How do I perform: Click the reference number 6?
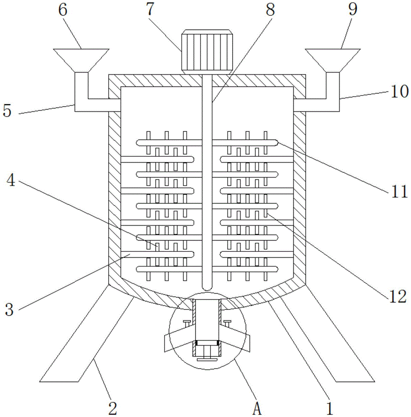[63, 10]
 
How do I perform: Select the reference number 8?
[270, 10]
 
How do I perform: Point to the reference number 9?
[353, 10]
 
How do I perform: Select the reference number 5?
[7, 111]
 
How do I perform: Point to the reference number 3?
[9, 309]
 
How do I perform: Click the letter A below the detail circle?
[257, 409]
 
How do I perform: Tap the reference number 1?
[330, 408]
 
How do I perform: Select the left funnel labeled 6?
[81, 60]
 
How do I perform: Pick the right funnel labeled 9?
[333, 60]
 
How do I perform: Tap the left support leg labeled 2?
[86, 334]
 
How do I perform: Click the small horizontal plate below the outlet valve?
[207, 360]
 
